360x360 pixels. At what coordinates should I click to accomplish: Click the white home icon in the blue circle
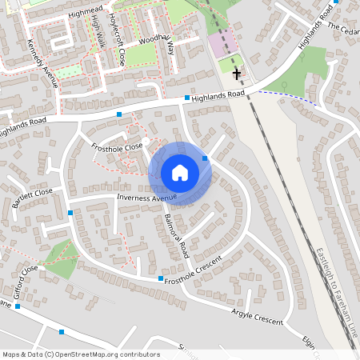[180, 172]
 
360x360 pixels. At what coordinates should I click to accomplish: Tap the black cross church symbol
[236, 74]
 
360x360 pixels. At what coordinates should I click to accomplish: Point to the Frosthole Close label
[116, 146]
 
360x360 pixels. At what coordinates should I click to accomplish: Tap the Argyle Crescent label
[258, 316]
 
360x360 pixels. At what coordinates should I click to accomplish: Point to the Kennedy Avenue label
[42, 64]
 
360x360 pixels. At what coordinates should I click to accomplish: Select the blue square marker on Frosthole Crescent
[161, 278]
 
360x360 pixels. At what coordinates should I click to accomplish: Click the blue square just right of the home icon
[206, 159]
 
